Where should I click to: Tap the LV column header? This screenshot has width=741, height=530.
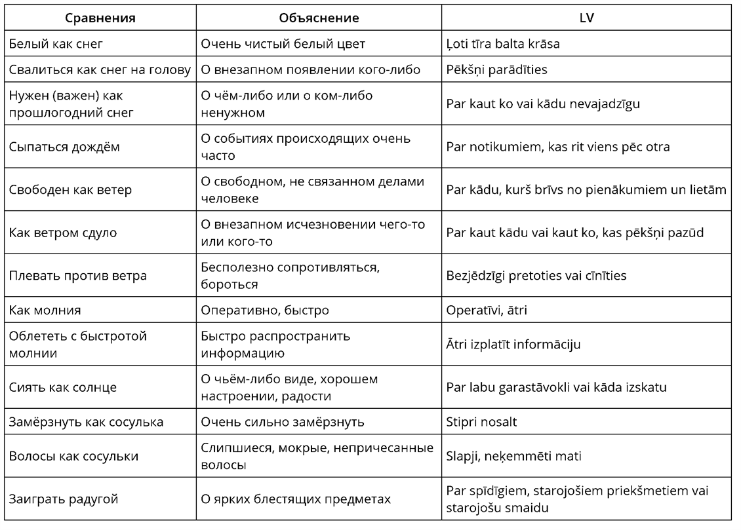click(586, 18)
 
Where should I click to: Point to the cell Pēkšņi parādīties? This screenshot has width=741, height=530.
click(496, 69)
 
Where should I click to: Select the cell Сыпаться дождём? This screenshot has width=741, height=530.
click(64, 147)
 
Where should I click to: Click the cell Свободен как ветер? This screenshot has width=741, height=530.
click(70, 190)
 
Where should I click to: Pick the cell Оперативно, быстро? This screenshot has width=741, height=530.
click(265, 310)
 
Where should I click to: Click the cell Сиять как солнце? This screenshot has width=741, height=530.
click(63, 387)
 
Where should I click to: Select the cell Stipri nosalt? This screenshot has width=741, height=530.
click(481, 422)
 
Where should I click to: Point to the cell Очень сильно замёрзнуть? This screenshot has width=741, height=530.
click(282, 422)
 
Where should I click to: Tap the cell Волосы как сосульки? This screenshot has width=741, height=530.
click(73, 457)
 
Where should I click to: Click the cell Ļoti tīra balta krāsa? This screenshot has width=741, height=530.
click(502, 44)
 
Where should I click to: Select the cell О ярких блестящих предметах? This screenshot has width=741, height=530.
click(296, 499)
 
